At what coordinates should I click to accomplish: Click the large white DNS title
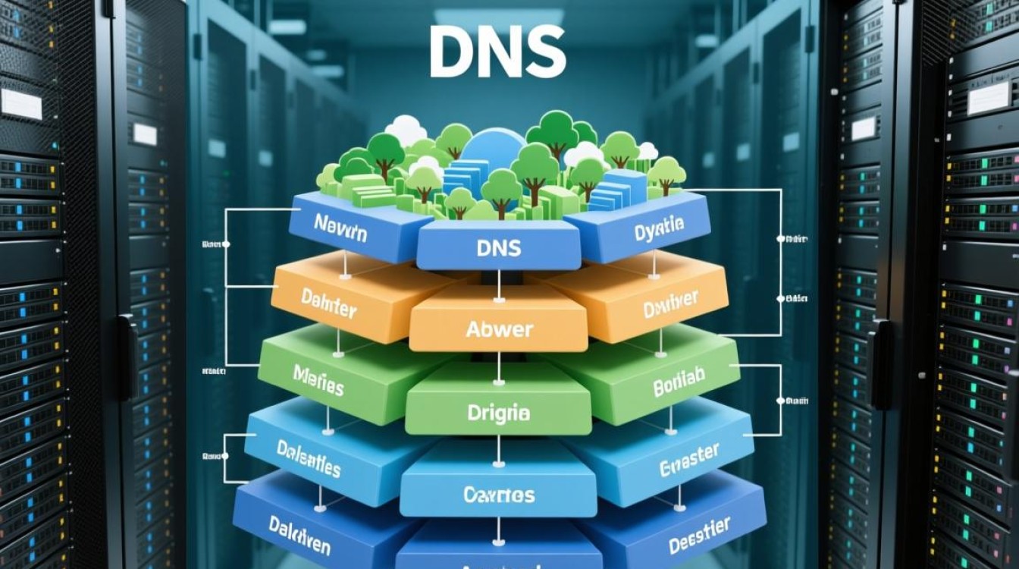click(497, 52)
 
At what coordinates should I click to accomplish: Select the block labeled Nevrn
click(340, 227)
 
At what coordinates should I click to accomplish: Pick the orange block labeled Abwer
click(499, 329)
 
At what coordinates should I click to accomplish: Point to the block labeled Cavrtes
click(498, 495)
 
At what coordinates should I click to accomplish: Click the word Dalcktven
click(300, 534)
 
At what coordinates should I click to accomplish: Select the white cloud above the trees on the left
click(406, 130)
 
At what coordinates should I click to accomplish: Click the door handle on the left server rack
click(126, 357)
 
